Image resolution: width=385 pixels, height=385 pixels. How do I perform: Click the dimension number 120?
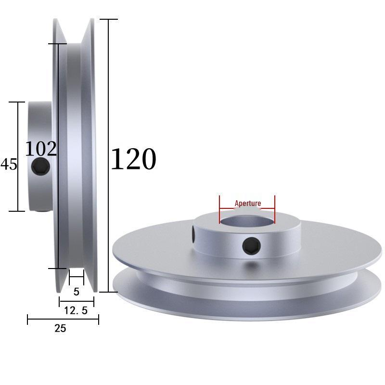pos(133,159)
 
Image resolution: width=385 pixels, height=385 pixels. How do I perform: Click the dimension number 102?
pos(41,149)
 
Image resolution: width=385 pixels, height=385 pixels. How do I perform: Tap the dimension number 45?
pos(9,165)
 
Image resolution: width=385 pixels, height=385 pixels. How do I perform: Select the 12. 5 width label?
pos(76,311)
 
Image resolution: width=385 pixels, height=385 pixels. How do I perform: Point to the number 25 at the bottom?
pos(60,329)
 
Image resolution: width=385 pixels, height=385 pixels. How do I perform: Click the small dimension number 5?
pos(77,292)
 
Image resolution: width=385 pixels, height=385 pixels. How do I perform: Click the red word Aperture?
pos(248,203)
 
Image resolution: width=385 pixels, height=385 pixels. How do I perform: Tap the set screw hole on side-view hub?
pos(40,167)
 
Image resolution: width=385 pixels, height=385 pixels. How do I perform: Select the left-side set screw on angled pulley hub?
pos(192,234)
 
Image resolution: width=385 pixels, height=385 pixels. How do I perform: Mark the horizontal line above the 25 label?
pos(63,319)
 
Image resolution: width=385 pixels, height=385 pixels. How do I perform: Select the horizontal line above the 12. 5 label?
pos(77,302)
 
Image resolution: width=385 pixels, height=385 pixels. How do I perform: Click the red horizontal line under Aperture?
pos(247,209)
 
